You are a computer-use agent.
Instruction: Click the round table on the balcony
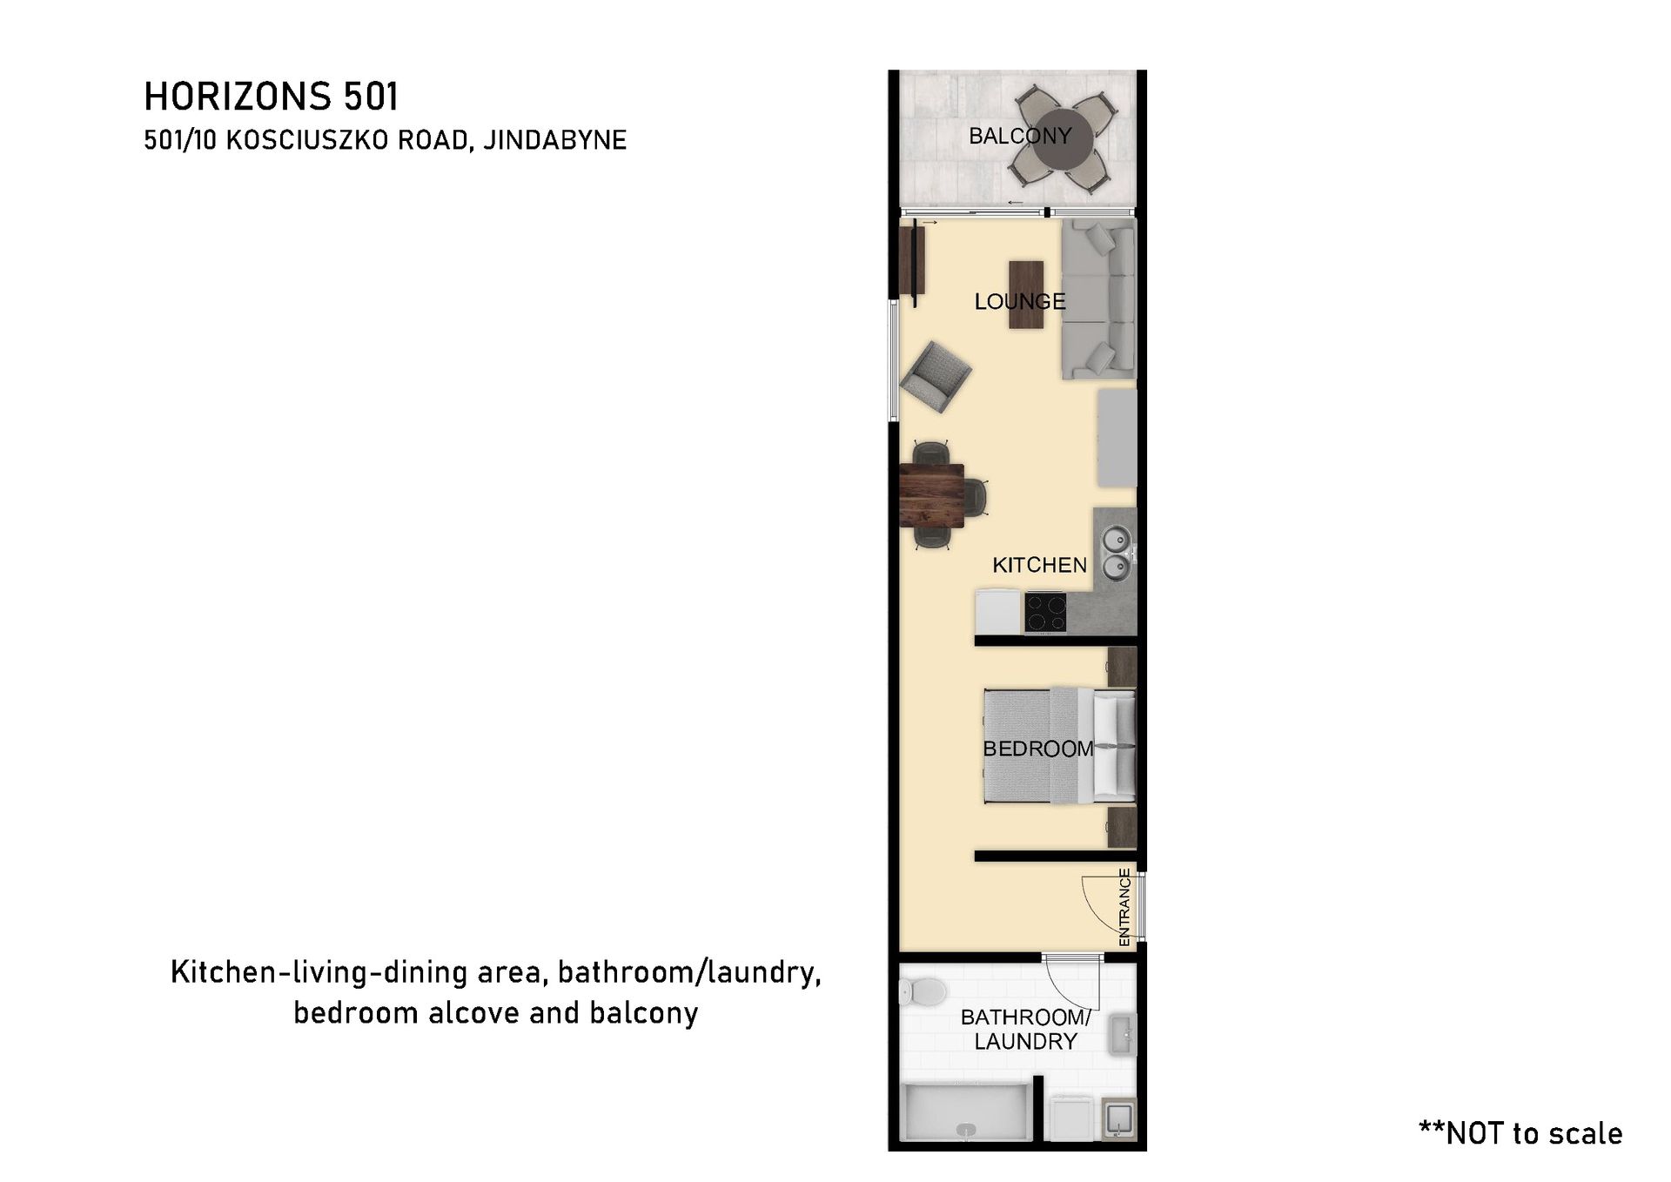(1064, 137)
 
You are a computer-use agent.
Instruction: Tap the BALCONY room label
(1020, 136)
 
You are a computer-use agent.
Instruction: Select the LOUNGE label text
(1020, 301)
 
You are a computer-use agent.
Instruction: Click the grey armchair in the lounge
(936, 377)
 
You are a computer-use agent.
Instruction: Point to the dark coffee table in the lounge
(1026, 295)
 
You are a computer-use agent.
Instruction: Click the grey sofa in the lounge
(1098, 299)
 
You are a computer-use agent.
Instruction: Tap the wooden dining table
(931, 496)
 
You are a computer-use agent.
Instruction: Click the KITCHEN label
(1040, 565)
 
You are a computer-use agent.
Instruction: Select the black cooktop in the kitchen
(1045, 612)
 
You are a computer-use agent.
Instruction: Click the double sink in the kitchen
(1116, 554)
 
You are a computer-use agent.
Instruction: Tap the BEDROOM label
(1037, 749)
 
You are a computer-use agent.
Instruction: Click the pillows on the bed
(1115, 746)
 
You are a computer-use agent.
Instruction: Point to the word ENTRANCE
(1124, 907)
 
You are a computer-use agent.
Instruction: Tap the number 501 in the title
(371, 97)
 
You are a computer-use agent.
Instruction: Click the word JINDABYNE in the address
(555, 140)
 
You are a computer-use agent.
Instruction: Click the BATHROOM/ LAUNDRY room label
(1025, 1029)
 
